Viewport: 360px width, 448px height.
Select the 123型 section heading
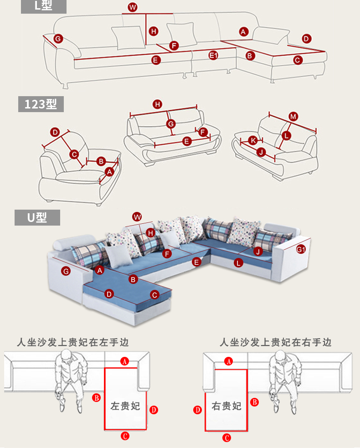pos(41,104)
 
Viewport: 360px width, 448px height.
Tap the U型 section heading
pos(37,217)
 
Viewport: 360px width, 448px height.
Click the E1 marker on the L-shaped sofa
pos(213,55)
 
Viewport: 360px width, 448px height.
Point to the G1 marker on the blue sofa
pos(301,249)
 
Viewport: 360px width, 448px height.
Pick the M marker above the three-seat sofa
pos(293,117)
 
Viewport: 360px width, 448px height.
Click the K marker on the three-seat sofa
pos(253,140)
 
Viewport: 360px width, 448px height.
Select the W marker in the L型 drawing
pos(132,7)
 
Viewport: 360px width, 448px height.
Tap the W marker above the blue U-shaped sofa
pos(137,216)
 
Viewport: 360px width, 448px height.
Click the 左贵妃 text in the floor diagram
pos(125,406)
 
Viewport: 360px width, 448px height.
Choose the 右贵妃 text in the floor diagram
pos(226,406)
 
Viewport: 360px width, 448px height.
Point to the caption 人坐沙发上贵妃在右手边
pos(276,342)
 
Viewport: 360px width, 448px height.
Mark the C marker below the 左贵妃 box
pos(125,436)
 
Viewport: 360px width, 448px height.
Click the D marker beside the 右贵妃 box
pos(198,410)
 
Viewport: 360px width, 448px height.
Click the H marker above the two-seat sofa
pos(158,104)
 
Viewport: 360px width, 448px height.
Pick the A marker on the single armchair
pos(109,172)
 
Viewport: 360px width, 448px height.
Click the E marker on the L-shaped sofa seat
pos(155,60)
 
